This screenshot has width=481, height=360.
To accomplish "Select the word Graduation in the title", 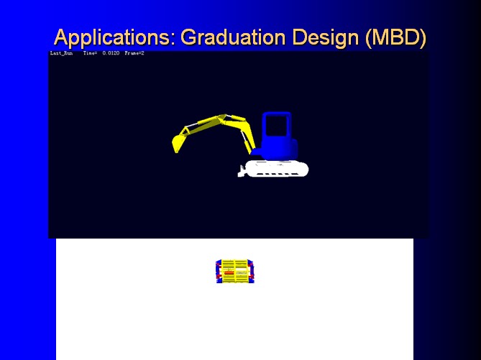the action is (233, 37).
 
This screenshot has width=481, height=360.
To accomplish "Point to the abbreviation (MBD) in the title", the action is (395, 37).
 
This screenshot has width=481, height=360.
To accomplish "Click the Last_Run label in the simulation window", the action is (61, 53).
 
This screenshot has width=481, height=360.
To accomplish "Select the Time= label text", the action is (90, 53).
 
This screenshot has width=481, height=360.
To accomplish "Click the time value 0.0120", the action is (111, 53).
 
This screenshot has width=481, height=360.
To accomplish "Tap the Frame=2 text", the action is (134, 53).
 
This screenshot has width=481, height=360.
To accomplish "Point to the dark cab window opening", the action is (277, 126).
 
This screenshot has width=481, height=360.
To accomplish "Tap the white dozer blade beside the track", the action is (242, 172).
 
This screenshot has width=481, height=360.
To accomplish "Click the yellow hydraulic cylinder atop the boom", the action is (239, 118).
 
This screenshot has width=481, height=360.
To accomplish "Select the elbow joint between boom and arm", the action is (221, 118).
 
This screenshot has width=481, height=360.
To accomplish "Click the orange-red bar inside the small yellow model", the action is (229, 272).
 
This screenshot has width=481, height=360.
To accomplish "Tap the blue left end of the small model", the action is (219, 272).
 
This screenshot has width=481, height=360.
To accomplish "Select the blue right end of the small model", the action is (251, 272).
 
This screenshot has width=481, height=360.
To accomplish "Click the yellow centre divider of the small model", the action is (234, 272).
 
